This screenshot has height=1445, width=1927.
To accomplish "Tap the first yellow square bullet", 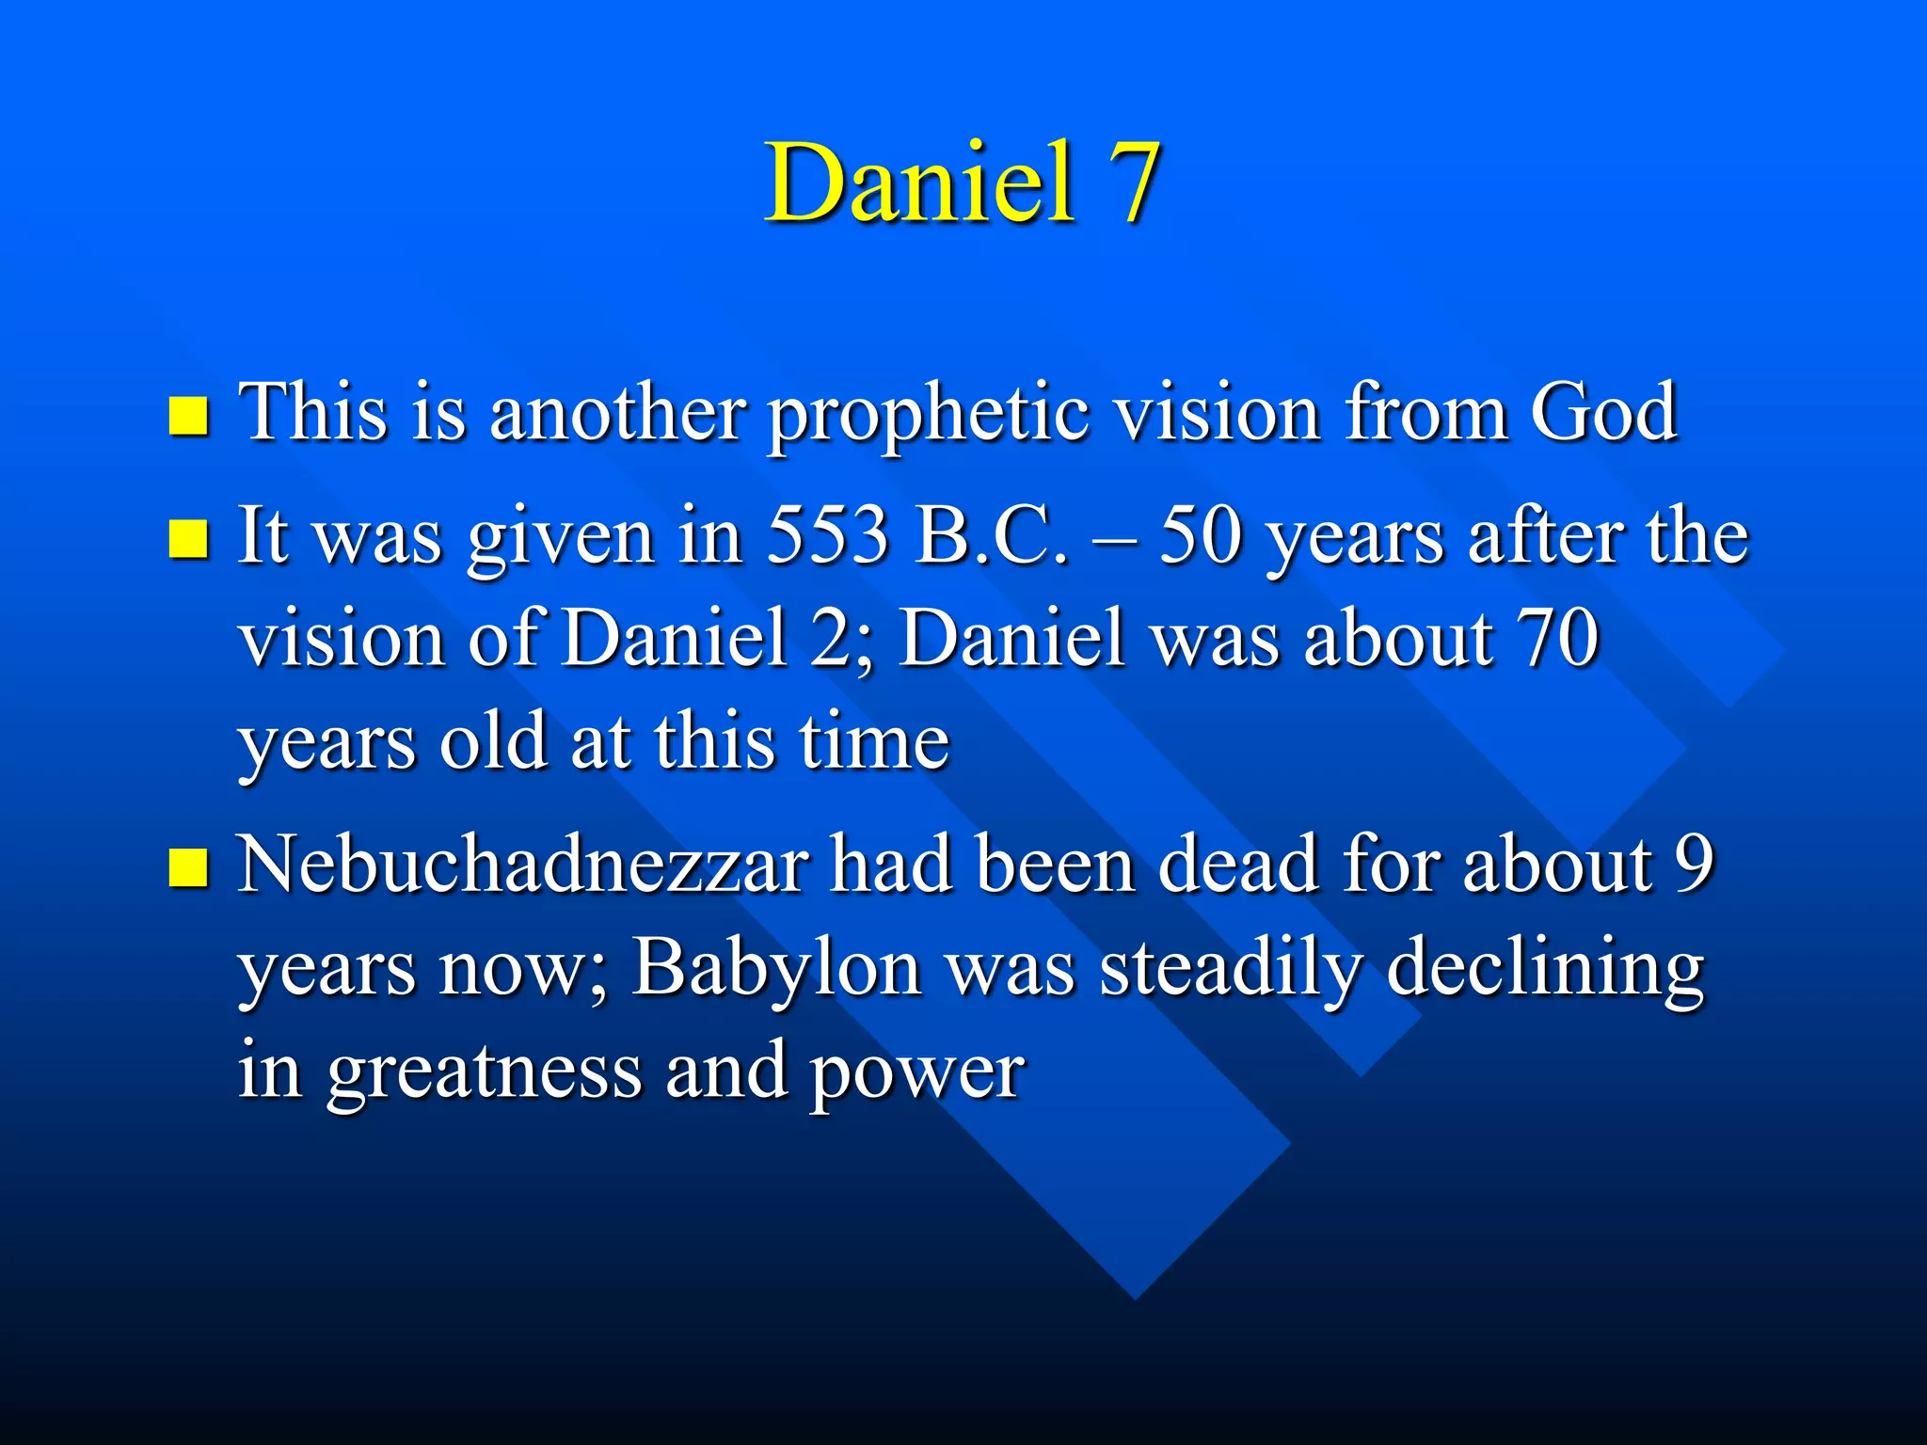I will click(188, 416).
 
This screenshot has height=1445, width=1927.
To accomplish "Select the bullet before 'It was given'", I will click(188, 539).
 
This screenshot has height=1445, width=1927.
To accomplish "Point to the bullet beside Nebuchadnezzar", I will click(188, 867).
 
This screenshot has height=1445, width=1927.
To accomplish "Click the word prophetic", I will click(927, 414).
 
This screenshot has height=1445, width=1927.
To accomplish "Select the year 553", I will click(828, 535).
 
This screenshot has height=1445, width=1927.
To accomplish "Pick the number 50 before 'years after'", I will click(1200, 535).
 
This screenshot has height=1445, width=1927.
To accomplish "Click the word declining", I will click(1545, 969).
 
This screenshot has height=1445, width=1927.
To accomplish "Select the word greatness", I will click(484, 1072).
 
